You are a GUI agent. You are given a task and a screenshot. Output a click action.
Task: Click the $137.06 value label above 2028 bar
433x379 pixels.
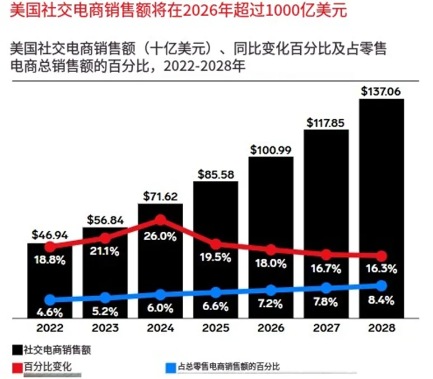[x=381, y=91]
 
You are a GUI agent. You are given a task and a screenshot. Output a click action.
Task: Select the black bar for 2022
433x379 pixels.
[x=50, y=280]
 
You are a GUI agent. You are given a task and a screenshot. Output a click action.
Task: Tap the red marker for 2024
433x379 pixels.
[x=160, y=219]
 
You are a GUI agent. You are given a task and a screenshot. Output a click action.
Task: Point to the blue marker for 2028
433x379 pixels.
[x=381, y=285]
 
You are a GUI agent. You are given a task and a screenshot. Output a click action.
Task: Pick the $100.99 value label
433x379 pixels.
[x=271, y=149]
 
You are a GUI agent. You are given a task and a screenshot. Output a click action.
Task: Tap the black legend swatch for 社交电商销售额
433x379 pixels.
[x=16, y=349]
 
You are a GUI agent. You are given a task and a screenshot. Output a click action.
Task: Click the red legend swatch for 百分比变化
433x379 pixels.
[x=16, y=367]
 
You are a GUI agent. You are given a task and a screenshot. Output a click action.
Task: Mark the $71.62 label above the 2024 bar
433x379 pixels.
[x=160, y=196]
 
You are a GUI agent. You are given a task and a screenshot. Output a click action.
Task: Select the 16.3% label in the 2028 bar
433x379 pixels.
[x=381, y=269]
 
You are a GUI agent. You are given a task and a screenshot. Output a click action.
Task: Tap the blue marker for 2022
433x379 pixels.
[x=50, y=300]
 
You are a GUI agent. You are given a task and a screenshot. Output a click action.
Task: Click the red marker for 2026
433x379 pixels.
[x=271, y=250]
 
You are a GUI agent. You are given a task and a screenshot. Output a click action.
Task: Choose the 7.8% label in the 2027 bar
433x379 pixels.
[x=326, y=302]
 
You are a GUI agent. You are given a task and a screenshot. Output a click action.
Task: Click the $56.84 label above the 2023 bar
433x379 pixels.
[x=105, y=219]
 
